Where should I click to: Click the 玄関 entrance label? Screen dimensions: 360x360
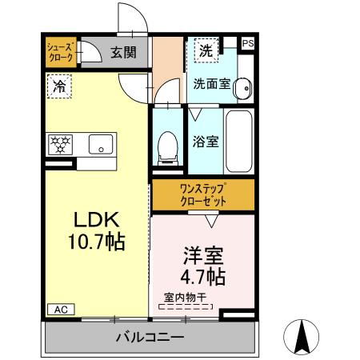(123, 53)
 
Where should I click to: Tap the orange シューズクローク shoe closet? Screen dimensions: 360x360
(61, 53)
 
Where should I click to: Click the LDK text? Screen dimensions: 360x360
(97, 220)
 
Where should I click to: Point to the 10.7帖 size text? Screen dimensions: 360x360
(97, 242)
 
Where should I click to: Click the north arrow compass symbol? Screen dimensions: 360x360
(303, 338)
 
